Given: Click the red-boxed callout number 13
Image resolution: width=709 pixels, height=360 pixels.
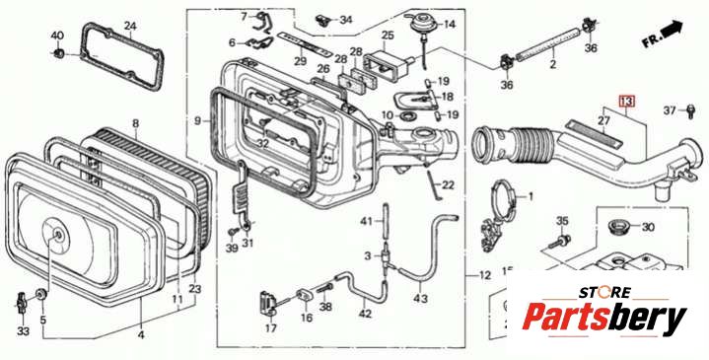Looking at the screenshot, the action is [x=627, y=102].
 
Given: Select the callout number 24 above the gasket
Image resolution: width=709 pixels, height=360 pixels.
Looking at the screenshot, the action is [x=130, y=26].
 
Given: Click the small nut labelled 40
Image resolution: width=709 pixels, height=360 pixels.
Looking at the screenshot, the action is [x=57, y=54].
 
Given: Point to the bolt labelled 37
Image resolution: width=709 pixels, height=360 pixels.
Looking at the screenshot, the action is [x=690, y=111].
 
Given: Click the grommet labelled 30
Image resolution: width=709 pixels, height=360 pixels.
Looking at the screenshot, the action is [x=617, y=226].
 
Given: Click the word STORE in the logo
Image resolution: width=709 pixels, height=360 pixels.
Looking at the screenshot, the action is [x=604, y=292].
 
